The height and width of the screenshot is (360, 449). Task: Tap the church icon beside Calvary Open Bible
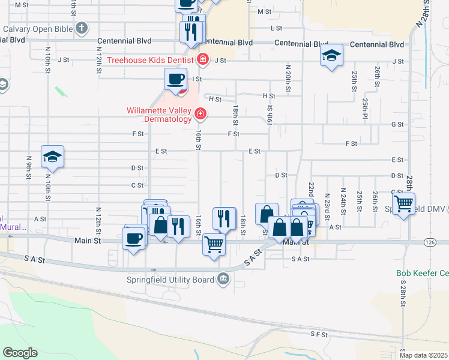82,28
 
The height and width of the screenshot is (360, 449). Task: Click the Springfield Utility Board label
170,279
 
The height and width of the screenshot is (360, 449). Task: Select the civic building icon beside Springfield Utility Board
223,278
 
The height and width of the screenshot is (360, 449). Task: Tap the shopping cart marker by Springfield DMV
404,203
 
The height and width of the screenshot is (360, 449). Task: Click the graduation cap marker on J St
331,55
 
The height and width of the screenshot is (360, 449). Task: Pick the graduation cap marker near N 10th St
52,157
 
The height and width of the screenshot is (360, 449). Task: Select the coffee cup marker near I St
176,79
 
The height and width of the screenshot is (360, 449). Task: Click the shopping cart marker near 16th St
214,244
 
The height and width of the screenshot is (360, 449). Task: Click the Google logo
20,353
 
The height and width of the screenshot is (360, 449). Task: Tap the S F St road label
318,333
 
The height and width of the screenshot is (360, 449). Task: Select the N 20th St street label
288,79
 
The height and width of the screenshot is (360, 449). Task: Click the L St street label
276,28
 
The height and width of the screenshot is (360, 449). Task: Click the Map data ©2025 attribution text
423,355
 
